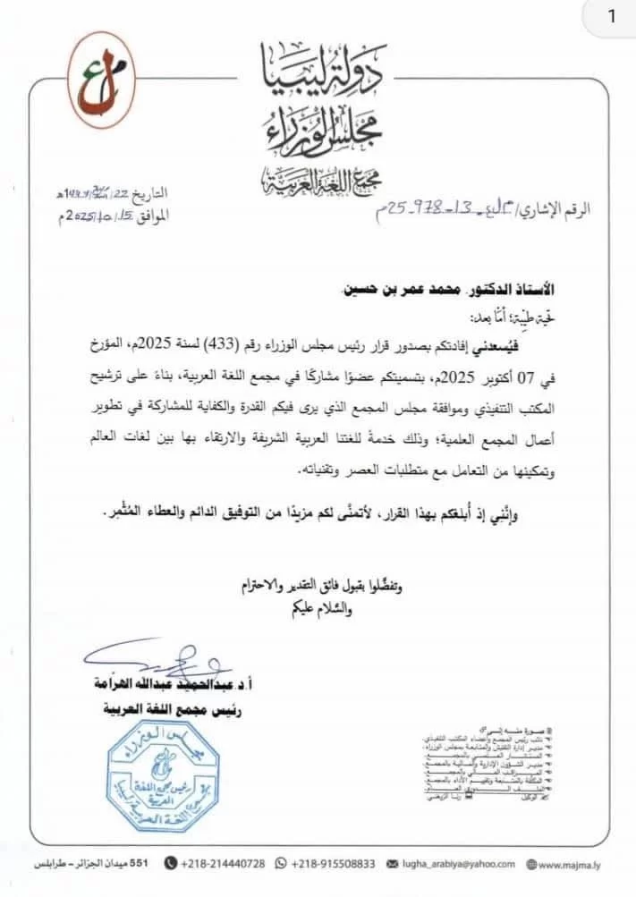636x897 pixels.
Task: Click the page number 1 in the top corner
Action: [x=611, y=17]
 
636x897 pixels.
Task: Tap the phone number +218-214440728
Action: [x=223, y=864]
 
